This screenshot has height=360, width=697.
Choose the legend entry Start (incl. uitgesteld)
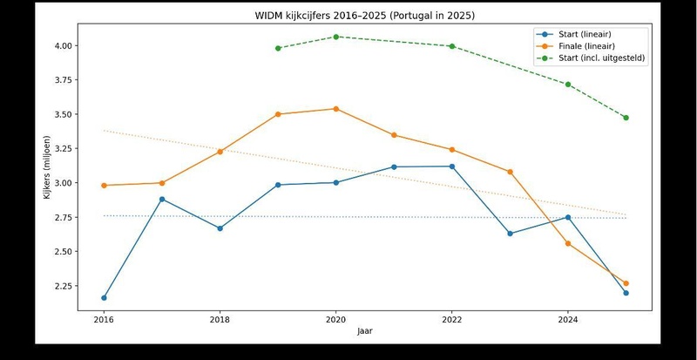(592, 58)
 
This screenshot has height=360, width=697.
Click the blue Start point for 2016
(104, 298)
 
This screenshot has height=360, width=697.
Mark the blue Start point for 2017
(162, 200)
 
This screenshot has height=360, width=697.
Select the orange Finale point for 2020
(336, 109)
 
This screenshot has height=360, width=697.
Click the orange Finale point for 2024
(568, 243)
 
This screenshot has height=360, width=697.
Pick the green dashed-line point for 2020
(336, 37)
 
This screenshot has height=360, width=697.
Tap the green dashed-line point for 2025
(626, 118)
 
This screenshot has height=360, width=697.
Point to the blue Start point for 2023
(510, 234)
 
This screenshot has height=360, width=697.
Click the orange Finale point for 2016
(104, 186)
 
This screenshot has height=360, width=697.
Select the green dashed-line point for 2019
(278, 48)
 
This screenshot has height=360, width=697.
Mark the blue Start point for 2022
(452, 166)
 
